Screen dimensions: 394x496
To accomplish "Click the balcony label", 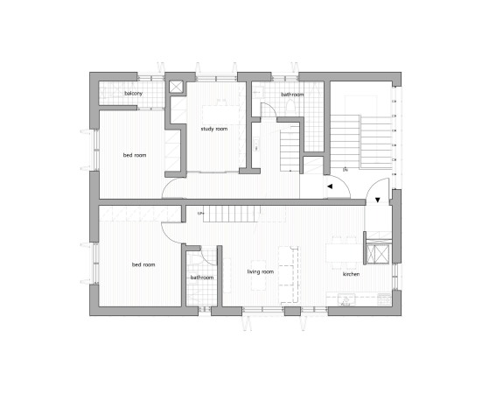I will coord(133,93).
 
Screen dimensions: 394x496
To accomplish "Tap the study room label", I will coord(213,130).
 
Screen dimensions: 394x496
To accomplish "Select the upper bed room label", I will coord(134,156).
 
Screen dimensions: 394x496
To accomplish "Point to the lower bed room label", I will coord(143,264).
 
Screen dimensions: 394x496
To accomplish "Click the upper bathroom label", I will coord(291,94).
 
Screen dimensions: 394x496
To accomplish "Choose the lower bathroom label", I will coord(202,278).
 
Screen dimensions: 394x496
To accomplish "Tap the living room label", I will coord(261,272).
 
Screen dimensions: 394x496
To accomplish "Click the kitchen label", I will coord(351,274).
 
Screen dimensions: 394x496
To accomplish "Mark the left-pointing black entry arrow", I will coord(331,186).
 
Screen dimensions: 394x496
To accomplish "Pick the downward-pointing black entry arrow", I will coord(377,201).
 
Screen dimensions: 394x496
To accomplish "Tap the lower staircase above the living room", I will coord(233,211).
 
